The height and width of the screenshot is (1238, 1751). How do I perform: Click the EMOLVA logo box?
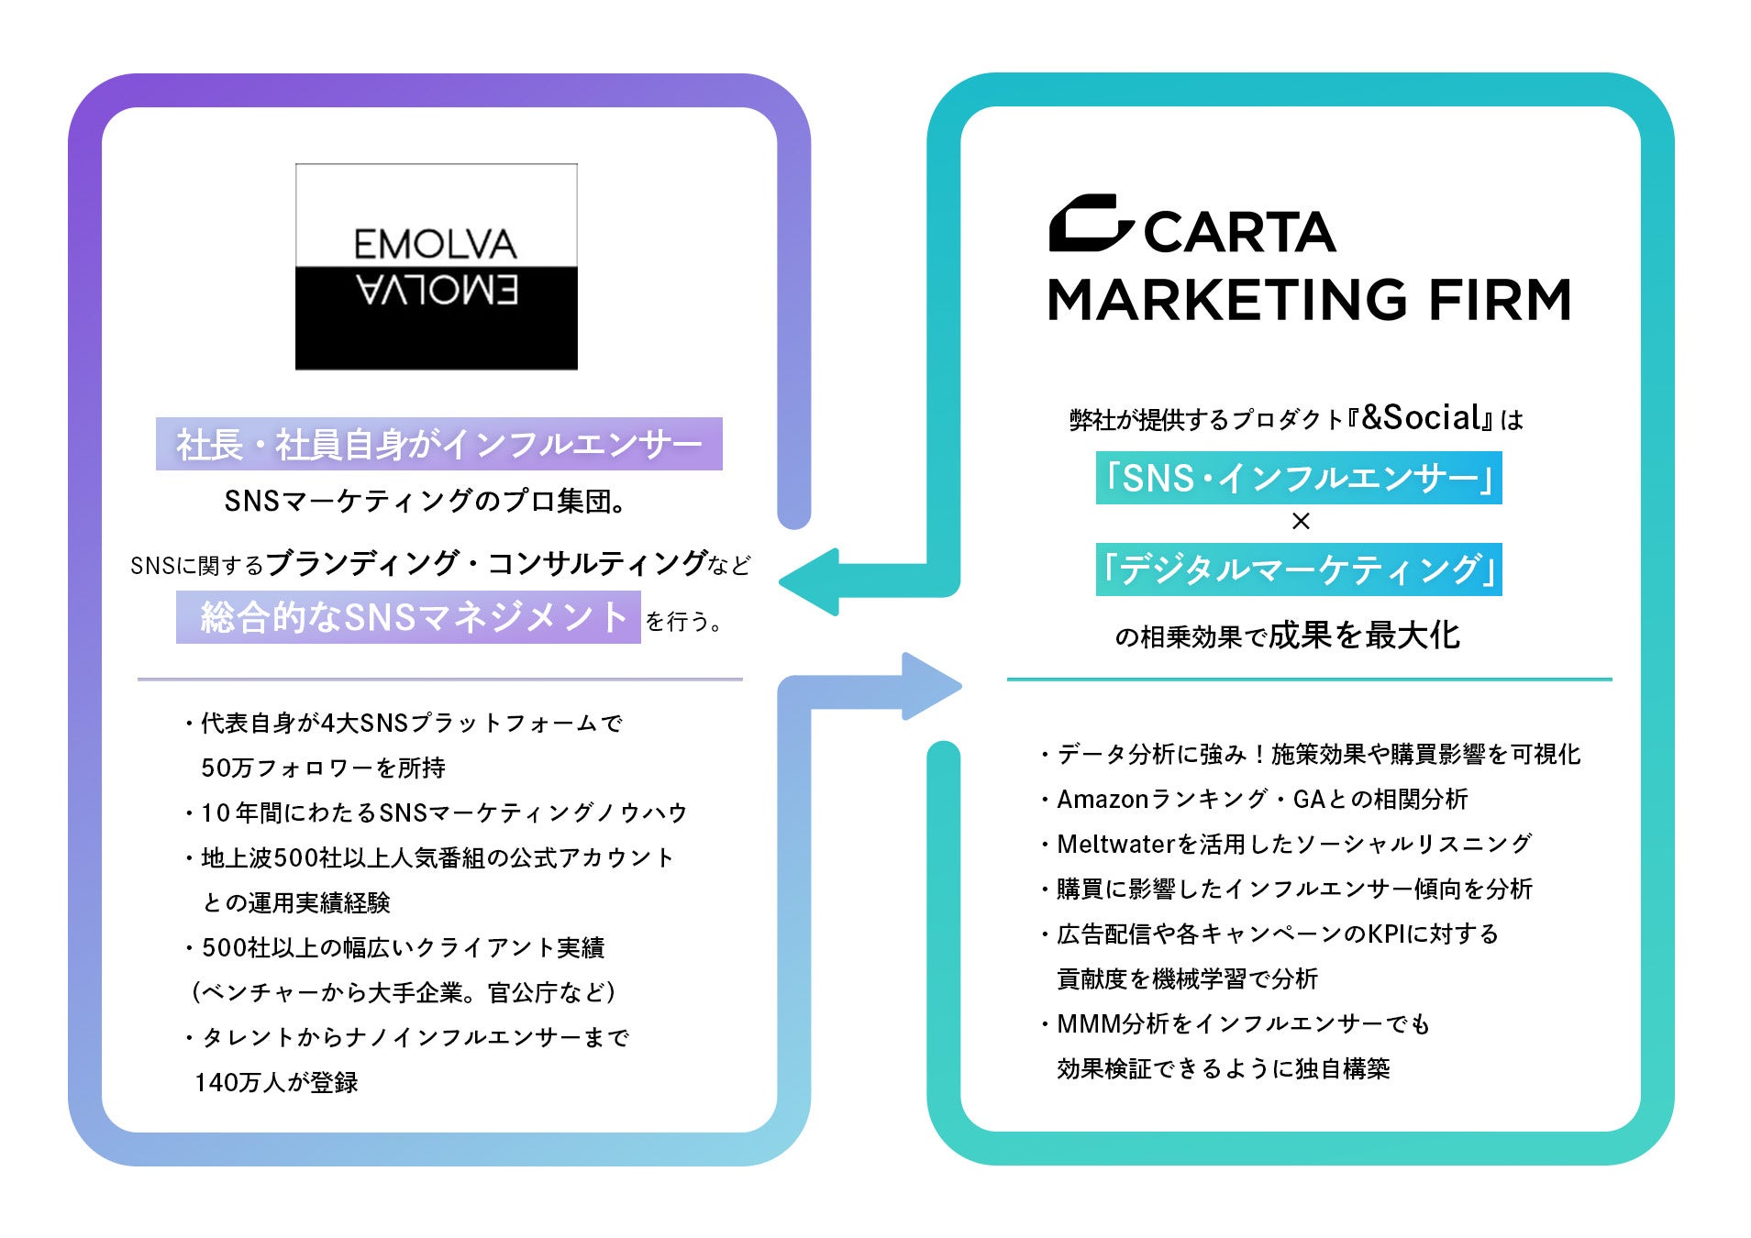point(436,266)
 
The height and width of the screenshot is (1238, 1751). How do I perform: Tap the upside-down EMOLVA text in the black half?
point(438,291)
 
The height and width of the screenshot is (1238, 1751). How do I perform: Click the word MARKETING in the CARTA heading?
point(1226,300)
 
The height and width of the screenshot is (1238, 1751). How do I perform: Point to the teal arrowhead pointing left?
point(811,581)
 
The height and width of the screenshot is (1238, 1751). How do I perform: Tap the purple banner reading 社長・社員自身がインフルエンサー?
point(438,444)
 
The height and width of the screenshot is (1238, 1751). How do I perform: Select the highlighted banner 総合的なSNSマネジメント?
point(408,617)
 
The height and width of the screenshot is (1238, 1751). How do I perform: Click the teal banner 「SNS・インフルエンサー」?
point(1299,478)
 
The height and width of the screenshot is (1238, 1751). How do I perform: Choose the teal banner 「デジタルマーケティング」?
point(1299,569)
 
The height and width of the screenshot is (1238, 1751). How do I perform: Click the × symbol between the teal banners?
point(1300,522)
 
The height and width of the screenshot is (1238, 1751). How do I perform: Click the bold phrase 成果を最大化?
point(1364,635)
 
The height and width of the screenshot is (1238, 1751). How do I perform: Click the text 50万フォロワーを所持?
point(323,768)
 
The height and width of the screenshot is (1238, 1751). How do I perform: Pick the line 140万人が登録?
point(276,1082)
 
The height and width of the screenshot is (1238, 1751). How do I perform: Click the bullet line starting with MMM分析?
point(1243,1023)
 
